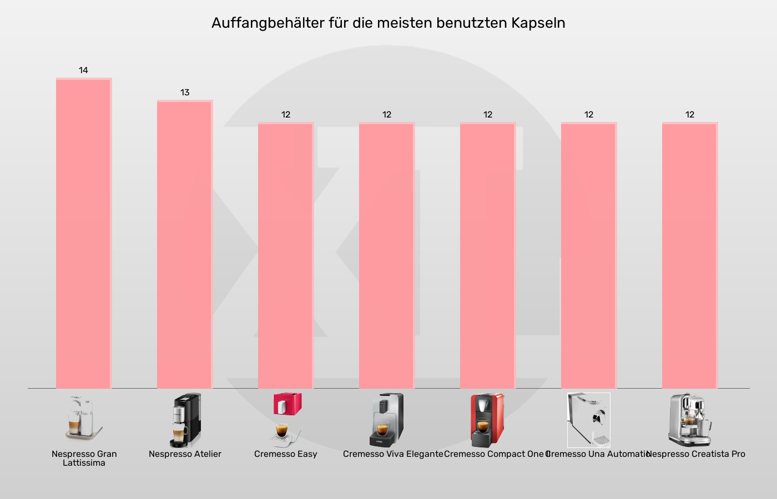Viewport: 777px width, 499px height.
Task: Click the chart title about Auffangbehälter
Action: (388, 23)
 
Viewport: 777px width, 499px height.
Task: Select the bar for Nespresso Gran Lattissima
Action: (84, 233)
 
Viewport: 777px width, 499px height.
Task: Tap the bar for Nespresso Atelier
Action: (185, 244)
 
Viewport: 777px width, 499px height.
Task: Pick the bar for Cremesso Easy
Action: (286, 255)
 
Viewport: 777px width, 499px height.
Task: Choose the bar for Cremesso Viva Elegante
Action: (387, 255)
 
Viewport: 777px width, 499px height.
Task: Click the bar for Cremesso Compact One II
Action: (488, 255)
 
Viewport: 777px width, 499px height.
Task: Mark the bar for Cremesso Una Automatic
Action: (589, 255)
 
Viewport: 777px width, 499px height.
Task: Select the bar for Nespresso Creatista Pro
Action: (690, 255)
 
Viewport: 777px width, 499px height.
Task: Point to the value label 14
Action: (83, 70)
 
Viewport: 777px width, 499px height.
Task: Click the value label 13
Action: (185, 93)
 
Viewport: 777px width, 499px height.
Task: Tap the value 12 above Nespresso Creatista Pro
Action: (690, 115)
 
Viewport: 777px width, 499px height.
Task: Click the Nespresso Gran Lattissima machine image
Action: (84, 420)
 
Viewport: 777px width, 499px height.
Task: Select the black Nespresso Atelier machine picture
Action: (185, 420)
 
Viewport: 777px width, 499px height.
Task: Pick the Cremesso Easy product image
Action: (286, 420)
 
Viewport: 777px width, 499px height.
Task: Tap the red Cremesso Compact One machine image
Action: (487, 420)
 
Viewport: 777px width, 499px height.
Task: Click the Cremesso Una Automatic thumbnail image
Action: (589, 420)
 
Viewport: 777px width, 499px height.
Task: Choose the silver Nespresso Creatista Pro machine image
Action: (690, 420)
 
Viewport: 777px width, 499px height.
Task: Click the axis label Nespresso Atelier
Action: (185, 454)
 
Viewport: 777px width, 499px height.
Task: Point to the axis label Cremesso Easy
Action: (286, 454)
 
